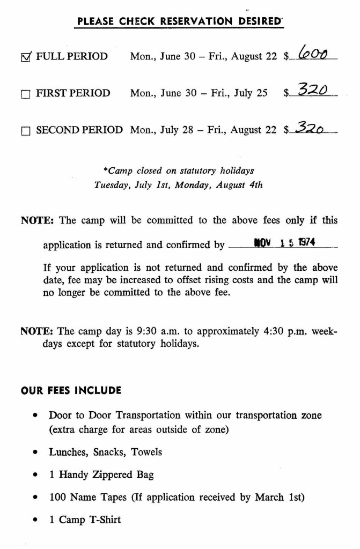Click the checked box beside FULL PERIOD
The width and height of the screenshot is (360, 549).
tap(26, 56)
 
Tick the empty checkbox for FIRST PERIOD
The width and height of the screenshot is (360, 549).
tap(25, 94)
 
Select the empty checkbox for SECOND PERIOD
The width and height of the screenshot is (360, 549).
tap(25, 131)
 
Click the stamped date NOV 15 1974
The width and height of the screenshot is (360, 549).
tap(285, 242)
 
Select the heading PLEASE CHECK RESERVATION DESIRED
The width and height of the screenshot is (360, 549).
tap(180, 21)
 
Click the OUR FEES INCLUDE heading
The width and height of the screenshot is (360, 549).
tap(71, 390)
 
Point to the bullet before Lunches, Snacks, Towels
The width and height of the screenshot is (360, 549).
tap(35, 452)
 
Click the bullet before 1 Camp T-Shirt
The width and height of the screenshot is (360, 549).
tap(35, 520)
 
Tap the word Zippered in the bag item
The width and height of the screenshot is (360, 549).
tap(113, 475)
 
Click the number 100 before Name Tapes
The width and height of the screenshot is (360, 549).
tap(57, 497)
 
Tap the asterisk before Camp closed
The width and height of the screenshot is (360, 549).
tap(105, 171)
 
